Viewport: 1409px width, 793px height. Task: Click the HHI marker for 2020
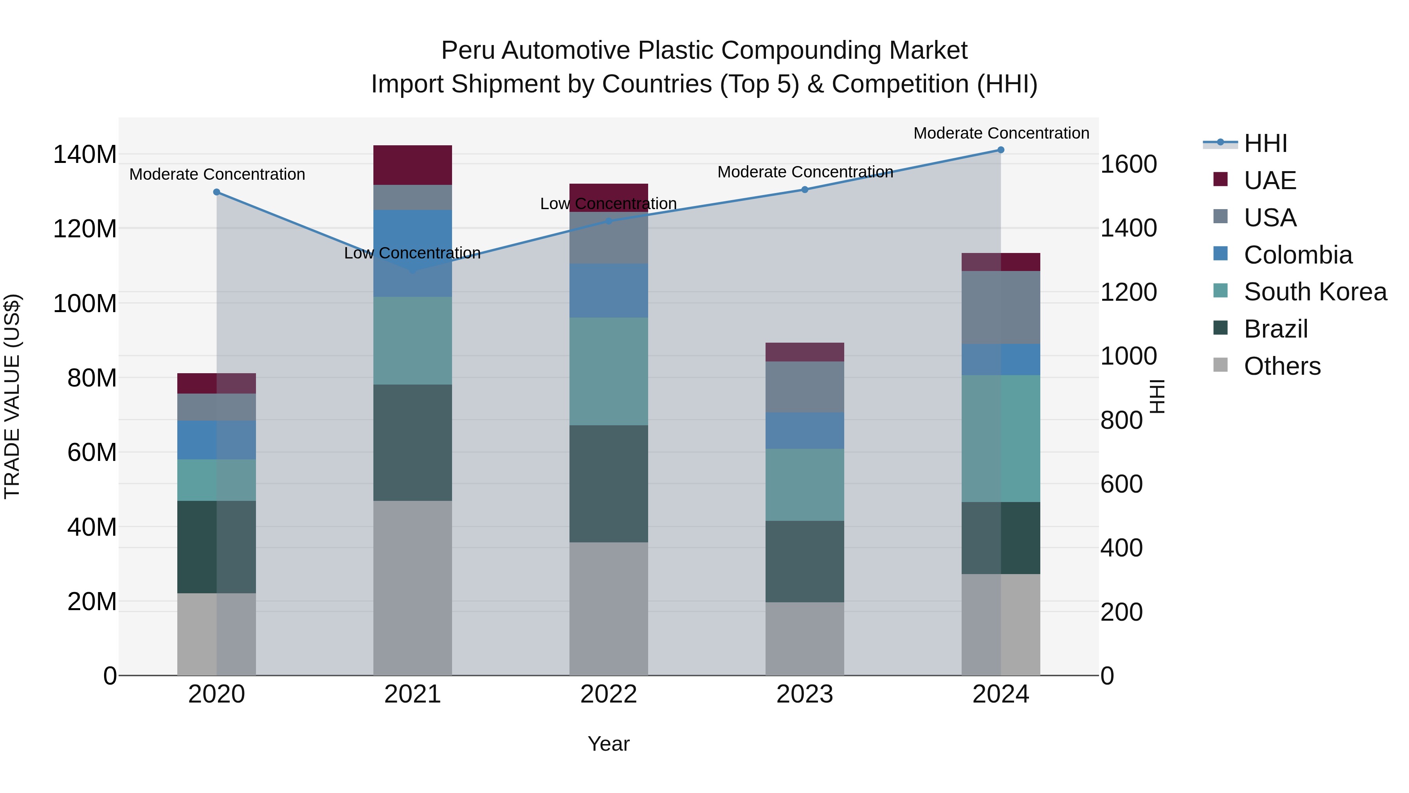tap(216, 192)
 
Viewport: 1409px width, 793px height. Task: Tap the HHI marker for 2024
tap(1000, 150)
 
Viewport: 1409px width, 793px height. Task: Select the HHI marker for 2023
tap(805, 190)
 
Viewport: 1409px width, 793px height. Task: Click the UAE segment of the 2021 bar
tap(413, 165)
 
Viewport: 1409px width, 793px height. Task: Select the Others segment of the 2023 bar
tap(805, 639)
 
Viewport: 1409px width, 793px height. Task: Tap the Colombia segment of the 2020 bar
tap(216, 440)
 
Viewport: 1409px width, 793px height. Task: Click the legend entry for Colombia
tap(1297, 255)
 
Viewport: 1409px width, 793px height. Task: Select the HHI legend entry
tap(1265, 144)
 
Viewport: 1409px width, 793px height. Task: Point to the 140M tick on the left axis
tap(85, 155)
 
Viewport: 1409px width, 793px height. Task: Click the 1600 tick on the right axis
tap(1128, 164)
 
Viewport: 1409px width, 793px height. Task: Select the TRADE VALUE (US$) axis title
tap(12, 396)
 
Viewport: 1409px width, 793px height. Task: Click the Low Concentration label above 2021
tap(413, 253)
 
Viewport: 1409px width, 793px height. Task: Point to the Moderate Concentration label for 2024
tap(1001, 134)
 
